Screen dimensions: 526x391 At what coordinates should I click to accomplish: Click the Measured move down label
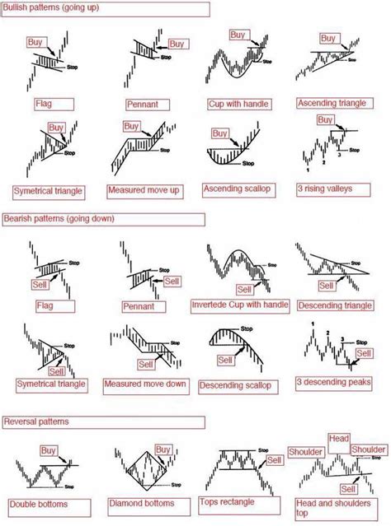pyautogui.click(x=143, y=384)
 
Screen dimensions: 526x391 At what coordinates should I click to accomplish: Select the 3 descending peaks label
pyautogui.click(x=329, y=384)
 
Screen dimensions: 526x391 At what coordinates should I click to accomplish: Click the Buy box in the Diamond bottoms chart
pyautogui.click(x=163, y=449)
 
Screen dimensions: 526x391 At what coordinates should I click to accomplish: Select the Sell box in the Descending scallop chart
pyautogui.click(x=225, y=360)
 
